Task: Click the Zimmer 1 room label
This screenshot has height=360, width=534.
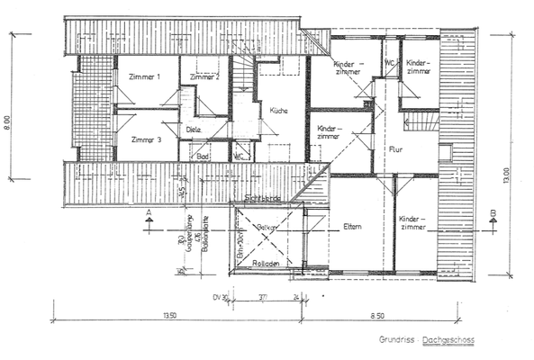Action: click(x=145, y=77)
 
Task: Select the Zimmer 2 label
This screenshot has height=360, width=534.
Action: click(x=206, y=77)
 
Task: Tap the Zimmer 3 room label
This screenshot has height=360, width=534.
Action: click(x=145, y=139)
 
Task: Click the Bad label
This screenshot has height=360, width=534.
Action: click(x=204, y=156)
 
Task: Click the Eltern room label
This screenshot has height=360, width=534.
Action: click(x=352, y=226)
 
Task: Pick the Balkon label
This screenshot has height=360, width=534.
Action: click(x=266, y=229)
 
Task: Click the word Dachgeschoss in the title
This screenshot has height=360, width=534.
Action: click(x=454, y=341)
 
